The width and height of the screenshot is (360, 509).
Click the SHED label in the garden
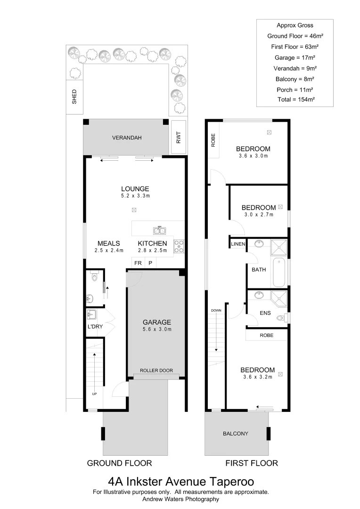pos(74,97)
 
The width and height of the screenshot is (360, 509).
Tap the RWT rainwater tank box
pos(179,137)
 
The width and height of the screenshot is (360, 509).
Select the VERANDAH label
pos(127,138)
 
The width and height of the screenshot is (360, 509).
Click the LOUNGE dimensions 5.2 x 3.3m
pos(135,196)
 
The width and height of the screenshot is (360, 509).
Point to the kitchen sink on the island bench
pos(159,230)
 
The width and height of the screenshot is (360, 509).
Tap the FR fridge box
pos(138,263)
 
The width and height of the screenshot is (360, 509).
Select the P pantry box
pos(150,263)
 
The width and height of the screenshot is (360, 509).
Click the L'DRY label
pos(95,327)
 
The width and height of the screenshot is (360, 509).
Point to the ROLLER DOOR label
pos(156,371)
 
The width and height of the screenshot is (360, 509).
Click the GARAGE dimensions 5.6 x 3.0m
pos(157,329)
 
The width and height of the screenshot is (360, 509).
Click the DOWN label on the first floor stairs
pos(216,311)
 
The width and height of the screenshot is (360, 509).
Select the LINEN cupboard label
pos(238,244)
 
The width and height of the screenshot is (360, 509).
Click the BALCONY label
pos(236,434)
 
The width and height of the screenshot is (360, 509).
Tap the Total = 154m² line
pos(296,99)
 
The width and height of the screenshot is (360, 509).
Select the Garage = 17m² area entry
pos(295,57)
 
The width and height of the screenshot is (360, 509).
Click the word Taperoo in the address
pos(230,482)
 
